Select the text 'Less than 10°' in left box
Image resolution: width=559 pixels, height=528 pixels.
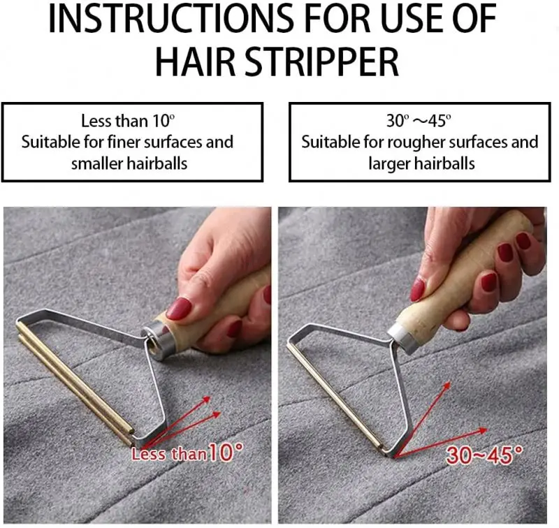(124, 121)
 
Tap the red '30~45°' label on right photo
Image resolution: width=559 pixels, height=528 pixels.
(486, 455)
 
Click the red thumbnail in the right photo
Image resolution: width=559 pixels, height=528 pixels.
(418, 289)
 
